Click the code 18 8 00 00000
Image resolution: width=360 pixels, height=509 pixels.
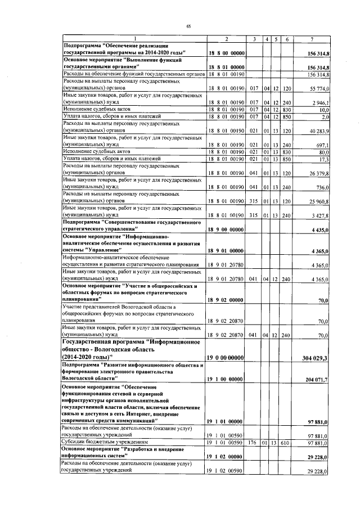(225, 53)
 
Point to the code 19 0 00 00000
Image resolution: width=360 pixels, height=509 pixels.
(225, 358)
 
